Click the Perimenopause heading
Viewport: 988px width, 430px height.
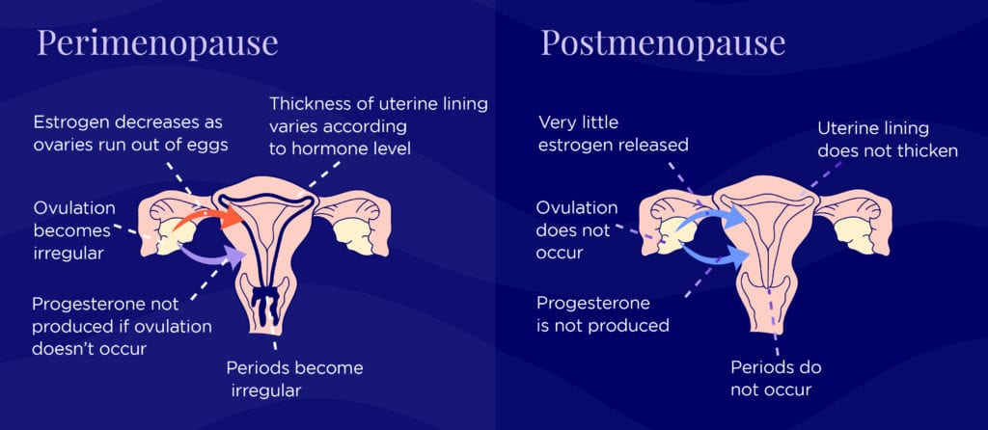[157, 43]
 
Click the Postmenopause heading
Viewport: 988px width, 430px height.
[662, 43]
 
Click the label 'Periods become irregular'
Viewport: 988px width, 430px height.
[293, 379]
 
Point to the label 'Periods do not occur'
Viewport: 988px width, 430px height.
[776, 379]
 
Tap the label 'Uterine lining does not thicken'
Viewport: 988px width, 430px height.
[886, 139]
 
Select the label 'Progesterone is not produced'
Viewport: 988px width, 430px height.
[602, 313]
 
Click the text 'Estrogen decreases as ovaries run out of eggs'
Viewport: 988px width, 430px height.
[127, 134]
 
